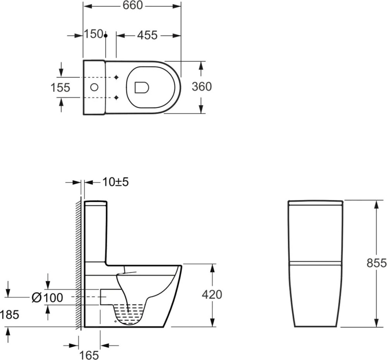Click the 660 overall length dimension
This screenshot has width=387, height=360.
tap(133, 5)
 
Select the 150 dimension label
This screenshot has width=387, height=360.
tap(94, 34)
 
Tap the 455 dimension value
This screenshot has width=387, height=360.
tap(147, 35)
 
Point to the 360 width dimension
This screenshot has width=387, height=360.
tap(202, 87)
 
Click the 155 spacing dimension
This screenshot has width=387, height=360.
tap(60, 87)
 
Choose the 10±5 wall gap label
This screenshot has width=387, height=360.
tap(115, 182)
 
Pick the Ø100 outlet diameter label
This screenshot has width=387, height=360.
tap(47, 298)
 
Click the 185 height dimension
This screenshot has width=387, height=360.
tap(9, 315)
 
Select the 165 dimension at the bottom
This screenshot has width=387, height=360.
tap(89, 355)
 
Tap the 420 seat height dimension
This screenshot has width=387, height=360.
tap(212, 294)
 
